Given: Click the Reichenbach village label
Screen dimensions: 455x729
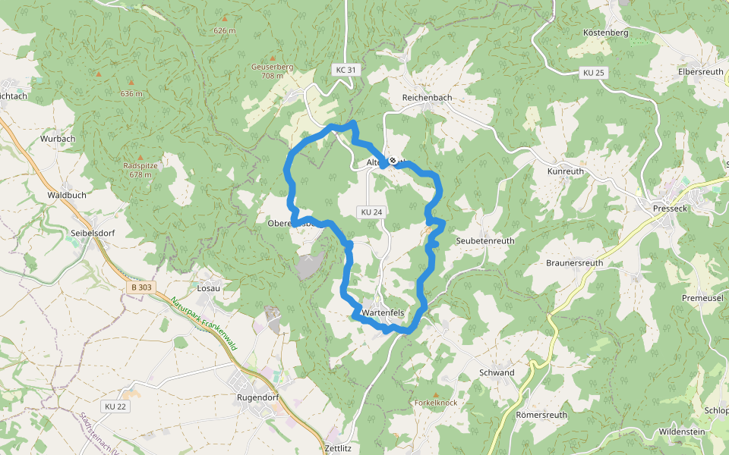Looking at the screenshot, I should click(427, 98).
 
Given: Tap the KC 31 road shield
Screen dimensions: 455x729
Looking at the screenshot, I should click(345, 70).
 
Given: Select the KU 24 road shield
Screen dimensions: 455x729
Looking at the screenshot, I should click(371, 212).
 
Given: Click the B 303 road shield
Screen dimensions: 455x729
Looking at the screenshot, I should click(140, 287).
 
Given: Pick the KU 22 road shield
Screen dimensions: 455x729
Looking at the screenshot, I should click(115, 406).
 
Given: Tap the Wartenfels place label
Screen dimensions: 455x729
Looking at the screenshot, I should click(383, 312).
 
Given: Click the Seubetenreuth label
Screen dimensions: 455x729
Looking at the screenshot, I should click(484, 240).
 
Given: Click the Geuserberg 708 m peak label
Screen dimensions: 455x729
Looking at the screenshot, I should click(272, 71).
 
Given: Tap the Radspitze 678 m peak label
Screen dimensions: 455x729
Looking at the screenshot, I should click(140, 170).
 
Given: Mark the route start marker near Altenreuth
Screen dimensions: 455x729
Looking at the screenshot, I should click(393, 160).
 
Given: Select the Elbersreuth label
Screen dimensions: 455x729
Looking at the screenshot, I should click(700, 71).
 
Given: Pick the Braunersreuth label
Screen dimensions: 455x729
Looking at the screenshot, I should click(574, 263).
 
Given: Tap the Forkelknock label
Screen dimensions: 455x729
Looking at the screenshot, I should click(436, 403).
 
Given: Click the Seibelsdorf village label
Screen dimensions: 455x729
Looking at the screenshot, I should click(92, 233).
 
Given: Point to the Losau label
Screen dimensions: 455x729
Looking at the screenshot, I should click(208, 288).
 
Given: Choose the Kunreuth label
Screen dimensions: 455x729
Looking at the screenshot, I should click(566, 172).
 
